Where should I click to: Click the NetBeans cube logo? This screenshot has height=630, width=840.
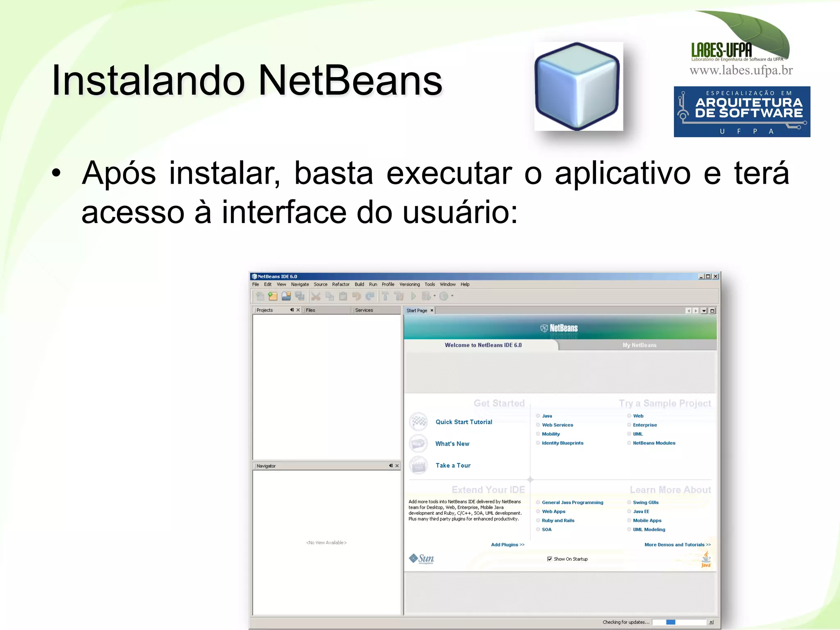tap(578, 86)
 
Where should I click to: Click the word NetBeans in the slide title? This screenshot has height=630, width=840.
tap(350, 81)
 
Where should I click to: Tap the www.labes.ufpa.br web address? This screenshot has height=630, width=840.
tap(741, 71)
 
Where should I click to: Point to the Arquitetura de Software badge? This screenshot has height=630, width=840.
tap(742, 111)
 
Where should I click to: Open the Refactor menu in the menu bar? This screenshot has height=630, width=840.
tap(340, 284)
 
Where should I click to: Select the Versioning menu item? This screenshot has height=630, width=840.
tap(409, 284)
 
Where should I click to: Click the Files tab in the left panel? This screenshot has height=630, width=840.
tap(310, 310)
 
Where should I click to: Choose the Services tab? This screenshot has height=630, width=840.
tap(364, 310)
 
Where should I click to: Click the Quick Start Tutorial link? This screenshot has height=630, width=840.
tap(463, 422)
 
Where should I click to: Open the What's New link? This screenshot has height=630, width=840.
tap(452, 444)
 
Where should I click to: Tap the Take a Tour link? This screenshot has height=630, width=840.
tap(453, 466)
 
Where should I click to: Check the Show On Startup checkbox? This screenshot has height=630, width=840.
tap(550, 559)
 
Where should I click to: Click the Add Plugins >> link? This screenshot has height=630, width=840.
tap(507, 545)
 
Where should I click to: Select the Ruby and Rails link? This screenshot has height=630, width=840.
tap(558, 521)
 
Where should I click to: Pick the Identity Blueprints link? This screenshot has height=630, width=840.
tap(562, 443)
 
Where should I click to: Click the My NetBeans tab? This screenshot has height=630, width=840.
tap(639, 345)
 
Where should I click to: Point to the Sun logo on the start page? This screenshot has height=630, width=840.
tap(422, 559)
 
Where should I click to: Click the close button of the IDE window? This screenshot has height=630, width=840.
tap(716, 277)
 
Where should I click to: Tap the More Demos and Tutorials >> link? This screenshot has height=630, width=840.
tap(677, 545)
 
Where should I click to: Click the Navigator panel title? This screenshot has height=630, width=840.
tap(266, 466)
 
